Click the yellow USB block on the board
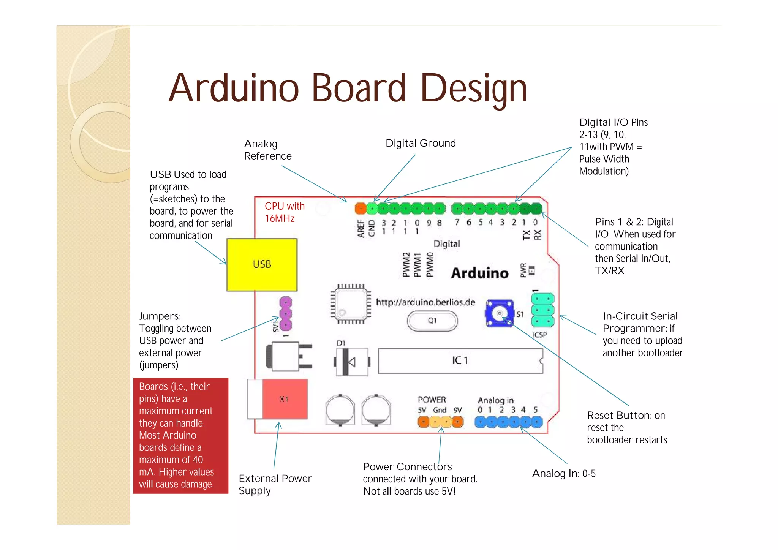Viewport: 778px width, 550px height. (262, 264)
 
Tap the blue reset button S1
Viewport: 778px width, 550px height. (499, 313)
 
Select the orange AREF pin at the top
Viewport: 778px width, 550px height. (360, 209)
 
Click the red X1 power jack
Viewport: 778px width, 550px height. (285, 399)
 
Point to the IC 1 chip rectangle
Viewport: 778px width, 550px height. (460, 360)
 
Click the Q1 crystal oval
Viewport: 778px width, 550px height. (432, 321)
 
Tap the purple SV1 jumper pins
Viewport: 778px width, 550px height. (285, 314)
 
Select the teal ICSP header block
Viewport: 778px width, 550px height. (542, 310)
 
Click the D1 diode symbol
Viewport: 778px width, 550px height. (351, 362)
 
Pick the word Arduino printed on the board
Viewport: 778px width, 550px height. (479, 273)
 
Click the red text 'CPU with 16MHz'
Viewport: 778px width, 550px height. (284, 212)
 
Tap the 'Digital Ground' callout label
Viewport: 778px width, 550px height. (421, 143)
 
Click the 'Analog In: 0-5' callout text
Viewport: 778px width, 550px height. (564, 473)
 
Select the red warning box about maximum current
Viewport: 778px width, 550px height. (181, 435)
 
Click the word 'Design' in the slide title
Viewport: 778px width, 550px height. (474, 89)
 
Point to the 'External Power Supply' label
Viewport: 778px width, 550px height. (275, 484)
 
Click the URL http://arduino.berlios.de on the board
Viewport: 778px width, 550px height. (425, 302)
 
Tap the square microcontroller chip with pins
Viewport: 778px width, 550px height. (350, 304)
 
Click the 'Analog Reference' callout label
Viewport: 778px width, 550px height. (267, 150)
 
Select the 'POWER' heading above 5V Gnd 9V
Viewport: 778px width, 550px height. (432, 400)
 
